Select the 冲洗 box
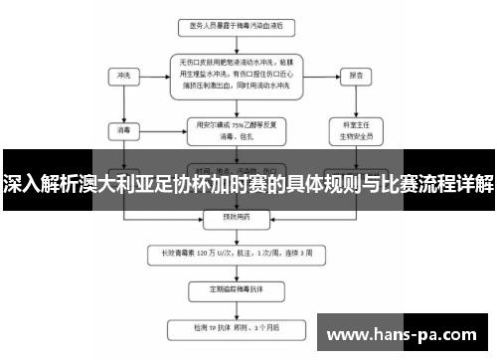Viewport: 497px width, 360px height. point(124,75)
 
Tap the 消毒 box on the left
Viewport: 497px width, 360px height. point(124,130)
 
